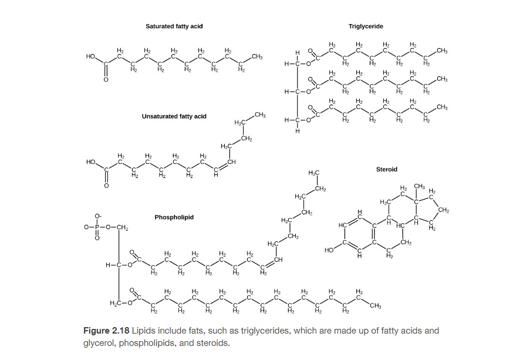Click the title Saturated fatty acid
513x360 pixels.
(x=174, y=26)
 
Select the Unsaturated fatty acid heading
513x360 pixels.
(x=174, y=116)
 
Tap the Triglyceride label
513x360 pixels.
(x=366, y=26)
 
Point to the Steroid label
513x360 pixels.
(x=386, y=169)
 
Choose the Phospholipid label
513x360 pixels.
(x=174, y=217)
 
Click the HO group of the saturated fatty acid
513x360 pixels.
(x=90, y=56)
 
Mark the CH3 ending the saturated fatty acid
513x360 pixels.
(x=256, y=56)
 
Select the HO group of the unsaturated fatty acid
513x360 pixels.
(x=90, y=161)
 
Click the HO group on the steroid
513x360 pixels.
(x=329, y=251)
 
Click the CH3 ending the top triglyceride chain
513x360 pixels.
(x=443, y=51)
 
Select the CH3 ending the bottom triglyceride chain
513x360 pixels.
(x=443, y=106)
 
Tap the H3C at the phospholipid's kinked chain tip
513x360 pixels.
(x=313, y=172)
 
